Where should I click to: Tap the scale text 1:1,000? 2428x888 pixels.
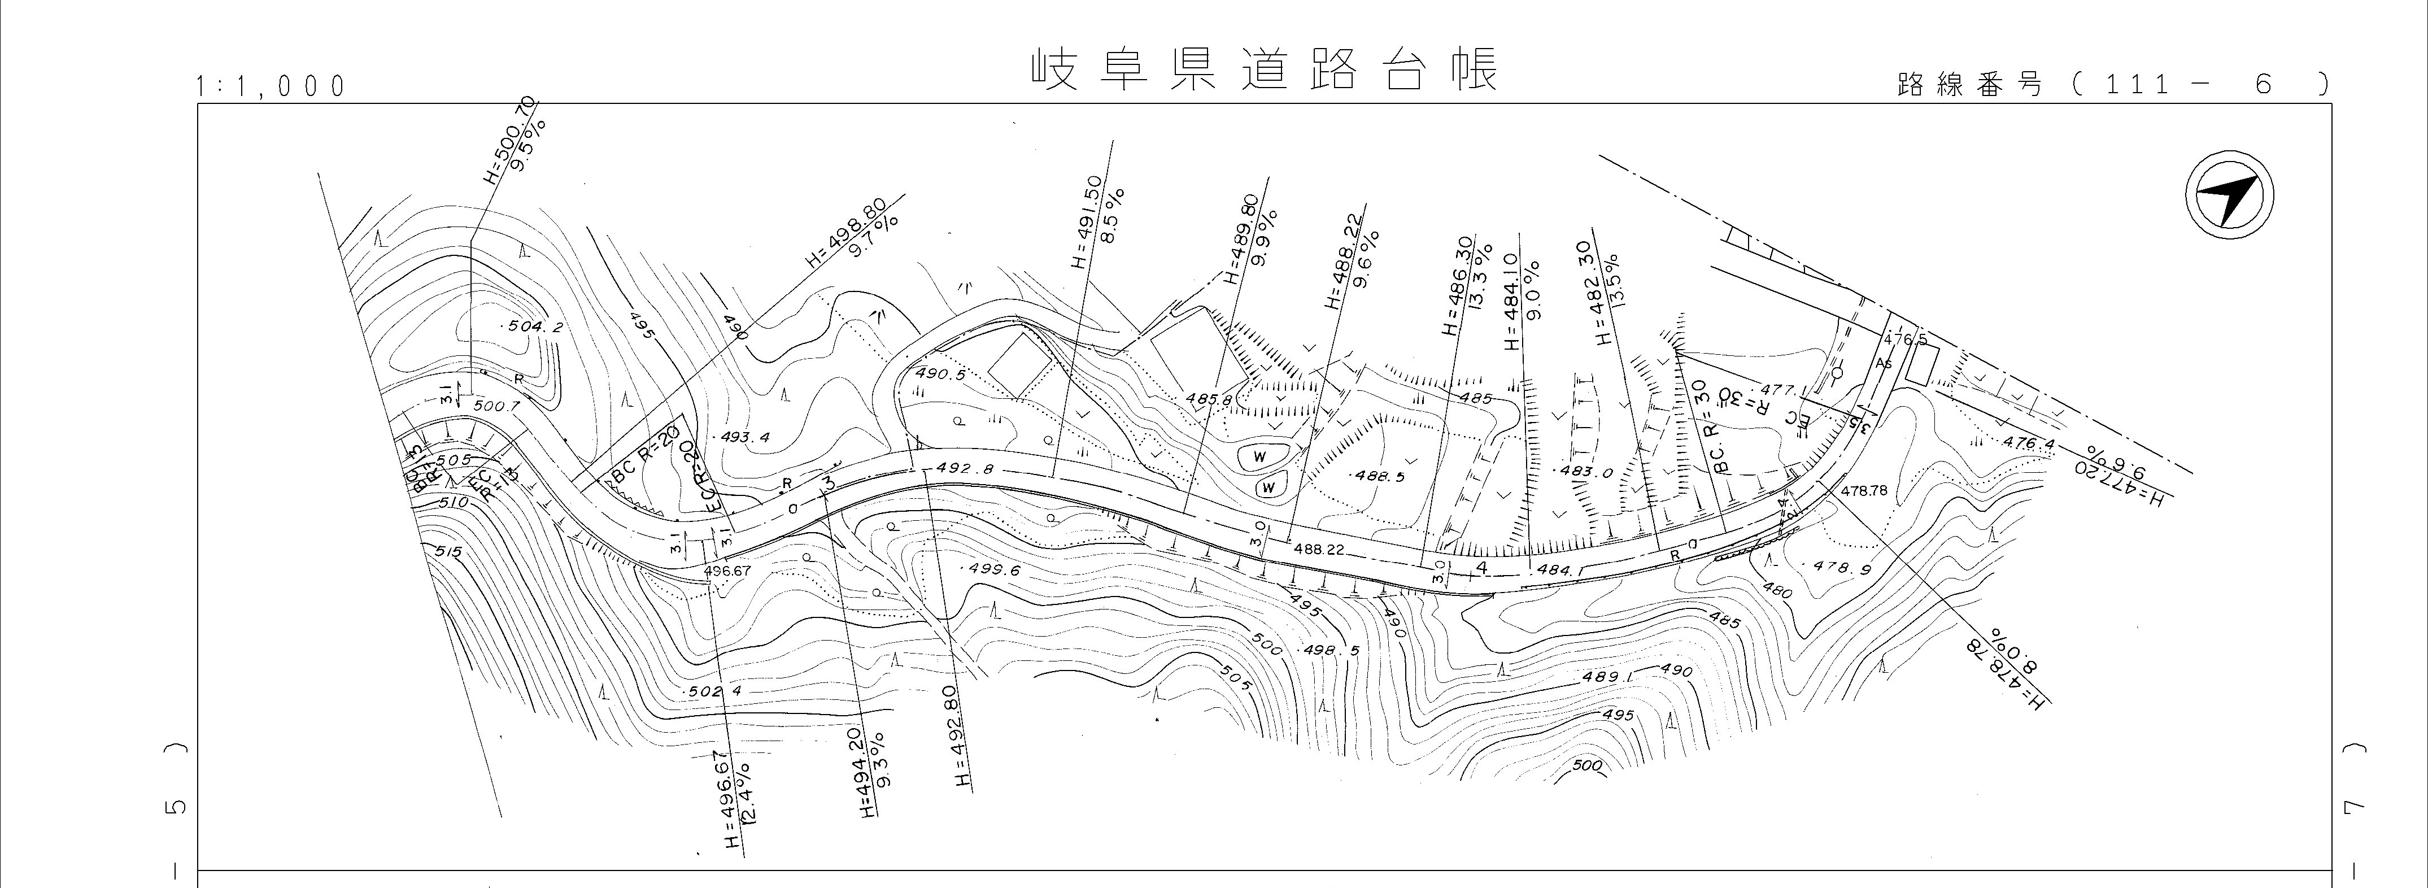[x=271, y=87]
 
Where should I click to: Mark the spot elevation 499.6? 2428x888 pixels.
[x=992, y=569]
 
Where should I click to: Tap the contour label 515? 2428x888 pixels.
[x=448, y=551]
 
